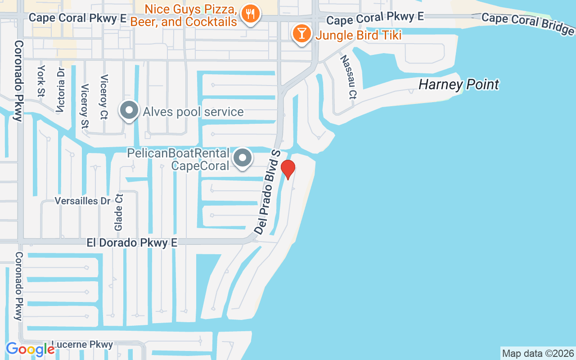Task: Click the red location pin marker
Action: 288,169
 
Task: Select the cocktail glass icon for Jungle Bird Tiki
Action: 302,34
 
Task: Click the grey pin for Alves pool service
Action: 129,110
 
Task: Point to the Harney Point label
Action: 459,85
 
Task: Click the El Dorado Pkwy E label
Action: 132,243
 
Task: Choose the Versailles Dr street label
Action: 82,201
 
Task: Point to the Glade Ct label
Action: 119,212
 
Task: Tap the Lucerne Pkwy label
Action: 82,345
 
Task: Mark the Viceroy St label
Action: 84,106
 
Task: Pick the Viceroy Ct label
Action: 104,97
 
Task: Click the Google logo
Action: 30,349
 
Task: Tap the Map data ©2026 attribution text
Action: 538,353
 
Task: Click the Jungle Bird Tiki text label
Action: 358,35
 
